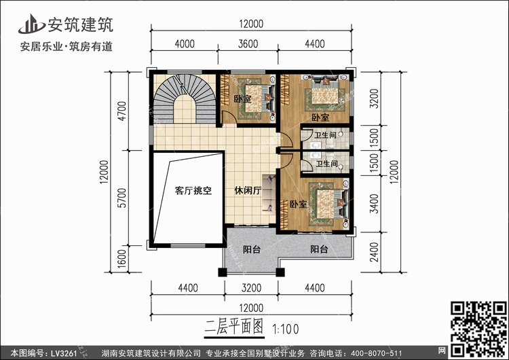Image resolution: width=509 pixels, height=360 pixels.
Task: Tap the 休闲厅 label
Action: tap(248, 192)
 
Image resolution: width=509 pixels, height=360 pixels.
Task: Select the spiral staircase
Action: tap(178, 101)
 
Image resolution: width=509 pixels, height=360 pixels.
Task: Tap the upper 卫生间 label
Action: tap(326, 136)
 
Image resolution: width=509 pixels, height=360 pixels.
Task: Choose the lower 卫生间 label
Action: tap(326, 164)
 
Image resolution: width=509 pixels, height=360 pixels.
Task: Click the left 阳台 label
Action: tap(252, 250)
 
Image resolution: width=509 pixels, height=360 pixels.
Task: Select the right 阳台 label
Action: tap(320, 250)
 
